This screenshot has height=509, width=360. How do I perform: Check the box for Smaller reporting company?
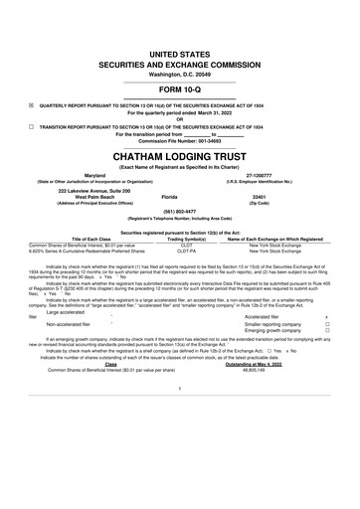[x=340, y=324]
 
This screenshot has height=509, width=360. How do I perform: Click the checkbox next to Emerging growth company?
[x=340, y=331]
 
